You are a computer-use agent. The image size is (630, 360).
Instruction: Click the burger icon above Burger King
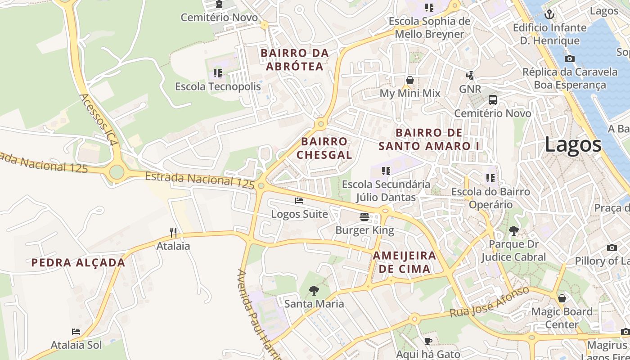coord(364,217)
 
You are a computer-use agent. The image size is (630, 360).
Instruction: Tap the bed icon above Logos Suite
coord(299,201)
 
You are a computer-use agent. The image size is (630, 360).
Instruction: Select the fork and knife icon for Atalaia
coord(173,232)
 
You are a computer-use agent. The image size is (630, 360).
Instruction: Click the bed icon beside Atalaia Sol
coord(76,332)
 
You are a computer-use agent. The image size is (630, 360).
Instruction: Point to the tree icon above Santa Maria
coord(314,291)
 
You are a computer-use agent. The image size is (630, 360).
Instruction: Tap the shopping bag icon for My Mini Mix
coord(410,80)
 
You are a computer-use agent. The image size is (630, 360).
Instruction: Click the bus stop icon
coord(493,100)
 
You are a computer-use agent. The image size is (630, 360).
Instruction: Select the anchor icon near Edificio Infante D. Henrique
coord(549,14)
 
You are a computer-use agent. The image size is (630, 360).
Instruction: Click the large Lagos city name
coord(573,145)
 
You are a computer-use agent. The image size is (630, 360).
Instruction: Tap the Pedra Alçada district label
coord(78,263)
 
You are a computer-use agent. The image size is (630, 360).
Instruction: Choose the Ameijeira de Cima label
coord(404,262)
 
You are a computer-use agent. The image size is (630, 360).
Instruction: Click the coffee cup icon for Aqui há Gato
coord(428,341)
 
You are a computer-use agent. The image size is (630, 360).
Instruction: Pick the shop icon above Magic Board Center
coord(562,298)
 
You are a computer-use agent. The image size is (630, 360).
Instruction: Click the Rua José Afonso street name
coord(490,302)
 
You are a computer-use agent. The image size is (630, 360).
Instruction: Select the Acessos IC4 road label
coord(98,119)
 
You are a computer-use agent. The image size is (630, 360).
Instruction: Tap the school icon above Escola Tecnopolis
coord(218,73)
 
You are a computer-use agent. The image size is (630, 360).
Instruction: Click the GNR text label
coord(470,89)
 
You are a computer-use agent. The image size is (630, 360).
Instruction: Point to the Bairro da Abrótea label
coord(295,60)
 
